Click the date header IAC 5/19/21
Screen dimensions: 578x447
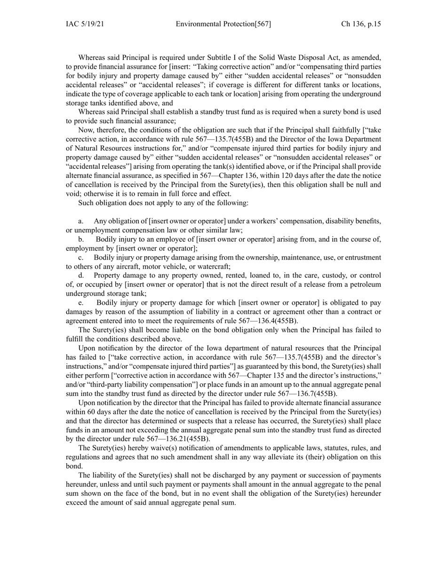[85, 24]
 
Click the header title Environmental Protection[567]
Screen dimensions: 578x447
[223, 24]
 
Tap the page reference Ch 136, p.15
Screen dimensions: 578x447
[361, 24]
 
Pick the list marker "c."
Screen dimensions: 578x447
[81, 257]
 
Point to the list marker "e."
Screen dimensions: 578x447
[81, 303]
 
